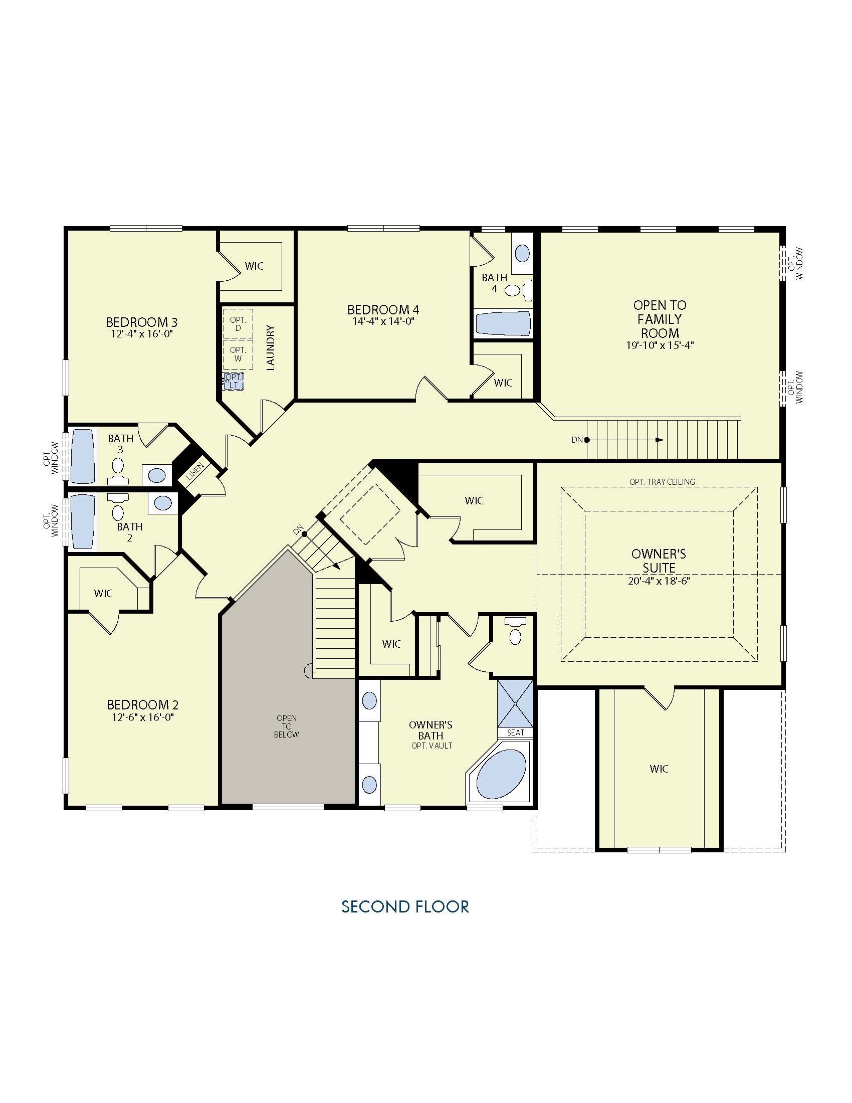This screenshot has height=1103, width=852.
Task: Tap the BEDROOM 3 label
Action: (141, 322)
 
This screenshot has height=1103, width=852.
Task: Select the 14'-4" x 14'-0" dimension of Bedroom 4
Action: (383, 321)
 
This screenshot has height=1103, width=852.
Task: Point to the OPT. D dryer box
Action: (238, 324)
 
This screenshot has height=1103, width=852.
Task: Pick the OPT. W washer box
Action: (238, 354)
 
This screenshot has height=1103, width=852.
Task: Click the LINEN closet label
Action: (195, 471)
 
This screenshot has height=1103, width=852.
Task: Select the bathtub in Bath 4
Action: (504, 324)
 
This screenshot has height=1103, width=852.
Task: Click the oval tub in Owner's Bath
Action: (502, 778)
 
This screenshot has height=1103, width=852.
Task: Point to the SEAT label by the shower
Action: (515, 732)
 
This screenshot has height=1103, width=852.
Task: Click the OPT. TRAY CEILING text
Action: (662, 482)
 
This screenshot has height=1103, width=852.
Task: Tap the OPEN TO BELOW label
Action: (286, 726)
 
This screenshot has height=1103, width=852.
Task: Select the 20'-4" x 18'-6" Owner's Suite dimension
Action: (659, 581)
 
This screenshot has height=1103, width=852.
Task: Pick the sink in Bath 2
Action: (162, 503)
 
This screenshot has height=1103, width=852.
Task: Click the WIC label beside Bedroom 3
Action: (254, 266)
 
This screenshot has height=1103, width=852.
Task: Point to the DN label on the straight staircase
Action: (577, 440)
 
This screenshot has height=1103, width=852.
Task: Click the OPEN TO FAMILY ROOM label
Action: (660, 319)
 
